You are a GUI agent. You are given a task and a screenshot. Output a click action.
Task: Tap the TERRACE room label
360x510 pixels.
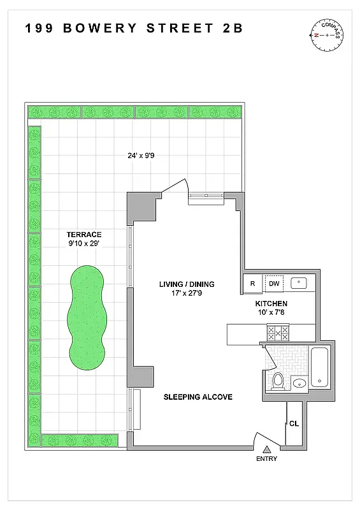tap(84, 234)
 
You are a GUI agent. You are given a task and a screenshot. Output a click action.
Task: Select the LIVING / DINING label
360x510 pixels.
tap(187, 284)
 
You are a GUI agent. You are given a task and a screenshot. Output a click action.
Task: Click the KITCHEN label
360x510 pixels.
tap(271, 304)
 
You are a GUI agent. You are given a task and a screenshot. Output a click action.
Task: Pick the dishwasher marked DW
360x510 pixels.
tap(274, 284)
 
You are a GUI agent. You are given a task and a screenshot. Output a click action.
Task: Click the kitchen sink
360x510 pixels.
tap(299, 283)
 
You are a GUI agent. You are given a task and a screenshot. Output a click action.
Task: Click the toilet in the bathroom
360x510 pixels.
tap(277, 381)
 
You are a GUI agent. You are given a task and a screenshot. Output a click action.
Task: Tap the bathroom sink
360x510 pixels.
tap(298, 383)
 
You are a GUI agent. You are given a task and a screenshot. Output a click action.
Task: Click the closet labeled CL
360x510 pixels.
tap(294, 423)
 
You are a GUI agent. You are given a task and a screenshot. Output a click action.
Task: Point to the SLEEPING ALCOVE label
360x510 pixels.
tap(198, 397)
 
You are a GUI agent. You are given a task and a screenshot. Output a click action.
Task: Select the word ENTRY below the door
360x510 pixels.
tap(266, 459)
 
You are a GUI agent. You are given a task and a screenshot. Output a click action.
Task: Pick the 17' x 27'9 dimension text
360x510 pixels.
tap(187, 294)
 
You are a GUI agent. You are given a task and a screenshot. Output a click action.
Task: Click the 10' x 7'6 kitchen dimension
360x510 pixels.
tap(271, 314)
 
